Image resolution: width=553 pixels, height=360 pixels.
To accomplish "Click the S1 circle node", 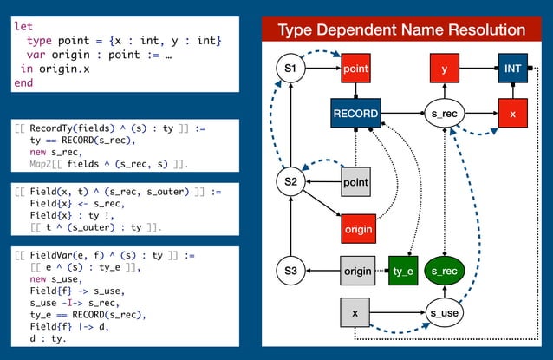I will pos(290,68).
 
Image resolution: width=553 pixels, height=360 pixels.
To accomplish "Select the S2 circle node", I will pos(290,182).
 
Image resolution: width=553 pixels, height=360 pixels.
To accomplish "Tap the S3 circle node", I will pos(290,272).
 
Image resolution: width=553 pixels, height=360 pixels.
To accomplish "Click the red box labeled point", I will pos(355,68).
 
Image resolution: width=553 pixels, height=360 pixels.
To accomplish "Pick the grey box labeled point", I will pos(355,182).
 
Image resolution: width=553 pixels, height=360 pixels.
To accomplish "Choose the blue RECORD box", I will pos(355,113).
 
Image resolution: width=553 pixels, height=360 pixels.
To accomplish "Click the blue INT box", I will pos(512,68).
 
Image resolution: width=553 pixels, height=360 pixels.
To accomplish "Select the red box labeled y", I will pos(445,68).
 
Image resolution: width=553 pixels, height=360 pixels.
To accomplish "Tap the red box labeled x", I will pos(512,113).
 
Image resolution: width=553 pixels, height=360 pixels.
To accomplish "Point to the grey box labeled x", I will pos(355,311).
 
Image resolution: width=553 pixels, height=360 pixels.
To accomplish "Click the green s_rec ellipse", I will pos(445,272).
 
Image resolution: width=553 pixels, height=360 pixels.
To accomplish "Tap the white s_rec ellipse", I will pos(445,113).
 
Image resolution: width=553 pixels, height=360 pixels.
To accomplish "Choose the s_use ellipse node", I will pos(445,311).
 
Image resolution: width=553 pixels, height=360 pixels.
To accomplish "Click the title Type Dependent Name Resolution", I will pos(401,30).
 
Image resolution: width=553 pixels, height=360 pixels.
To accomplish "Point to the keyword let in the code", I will pos(23,27).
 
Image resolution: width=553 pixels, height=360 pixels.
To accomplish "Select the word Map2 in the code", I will pos(43,163).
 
